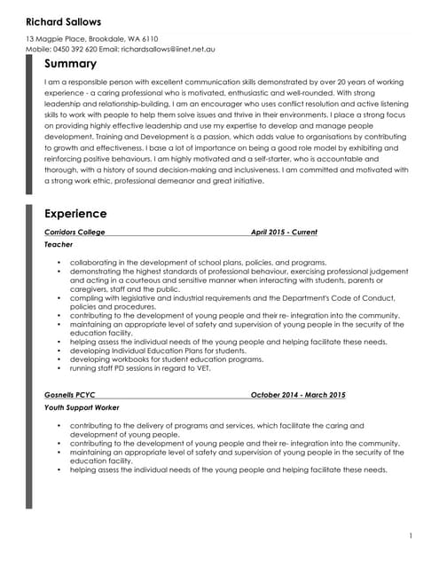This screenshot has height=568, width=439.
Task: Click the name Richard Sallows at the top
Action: pyautogui.click(x=63, y=21)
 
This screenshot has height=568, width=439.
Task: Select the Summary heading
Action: pyautogui.click(x=70, y=65)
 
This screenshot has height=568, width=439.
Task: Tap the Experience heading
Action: pyautogui.click(x=75, y=214)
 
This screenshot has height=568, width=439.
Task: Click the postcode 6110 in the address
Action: pyautogui.click(x=148, y=38)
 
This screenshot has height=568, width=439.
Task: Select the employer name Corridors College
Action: pyautogui.click(x=74, y=233)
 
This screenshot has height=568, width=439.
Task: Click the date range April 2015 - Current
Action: pyautogui.click(x=284, y=233)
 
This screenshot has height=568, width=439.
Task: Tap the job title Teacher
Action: pyautogui.click(x=59, y=244)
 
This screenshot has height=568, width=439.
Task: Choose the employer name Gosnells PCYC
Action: pyautogui.click(x=69, y=394)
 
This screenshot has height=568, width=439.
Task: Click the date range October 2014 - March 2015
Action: pyautogui.click(x=298, y=394)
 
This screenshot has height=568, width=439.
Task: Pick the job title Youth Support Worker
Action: pyautogui.click(x=82, y=406)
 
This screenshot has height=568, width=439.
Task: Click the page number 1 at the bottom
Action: pyautogui.click(x=411, y=535)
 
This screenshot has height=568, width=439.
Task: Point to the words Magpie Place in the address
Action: pyautogui.click(x=59, y=38)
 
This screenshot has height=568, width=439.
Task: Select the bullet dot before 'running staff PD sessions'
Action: pyautogui.click(x=59, y=368)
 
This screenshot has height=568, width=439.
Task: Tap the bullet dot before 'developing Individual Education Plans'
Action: pyautogui.click(x=59, y=351)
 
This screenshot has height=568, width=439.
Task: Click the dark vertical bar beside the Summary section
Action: pyautogui.click(x=29, y=124)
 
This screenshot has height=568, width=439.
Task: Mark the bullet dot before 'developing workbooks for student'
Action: pyautogui.click(x=59, y=359)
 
